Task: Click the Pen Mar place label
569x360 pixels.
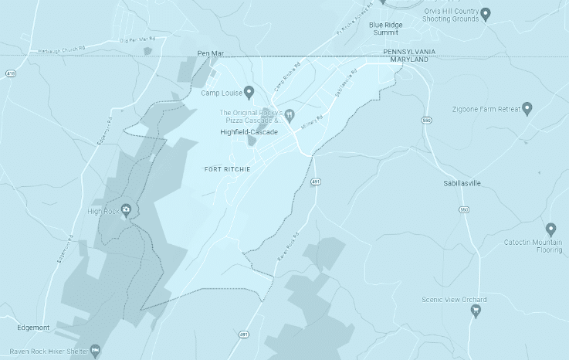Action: tap(209, 53)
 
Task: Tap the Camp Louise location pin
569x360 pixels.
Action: tap(249, 93)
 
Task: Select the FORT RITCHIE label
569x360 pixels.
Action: tap(227, 168)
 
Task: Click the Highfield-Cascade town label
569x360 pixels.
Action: tap(248, 132)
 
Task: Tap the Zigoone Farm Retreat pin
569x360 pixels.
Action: tap(527, 108)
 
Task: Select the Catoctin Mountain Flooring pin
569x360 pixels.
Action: tap(550, 229)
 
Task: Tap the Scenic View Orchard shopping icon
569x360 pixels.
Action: tap(476, 311)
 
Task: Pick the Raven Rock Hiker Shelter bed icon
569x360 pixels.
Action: tap(95, 351)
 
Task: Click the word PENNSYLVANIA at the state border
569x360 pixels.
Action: tap(409, 51)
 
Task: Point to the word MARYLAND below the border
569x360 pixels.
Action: tap(409, 59)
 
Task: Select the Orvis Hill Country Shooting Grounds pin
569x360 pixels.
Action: tap(486, 13)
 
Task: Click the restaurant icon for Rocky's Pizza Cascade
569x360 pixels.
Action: tap(290, 117)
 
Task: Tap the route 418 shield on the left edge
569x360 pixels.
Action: tap(10, 73)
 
